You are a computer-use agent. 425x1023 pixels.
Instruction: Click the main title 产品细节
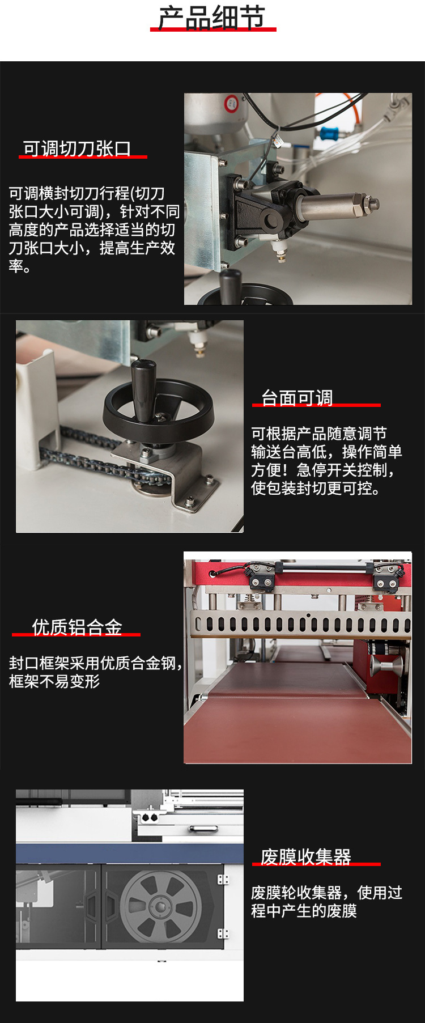[212, 17]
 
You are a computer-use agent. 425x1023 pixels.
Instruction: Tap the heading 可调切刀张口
[77, 148]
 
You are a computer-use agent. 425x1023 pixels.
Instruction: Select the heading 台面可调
[297, 398]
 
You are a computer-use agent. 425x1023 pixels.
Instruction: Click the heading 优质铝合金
[77, 627]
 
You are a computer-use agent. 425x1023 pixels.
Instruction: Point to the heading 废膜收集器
[306, 856]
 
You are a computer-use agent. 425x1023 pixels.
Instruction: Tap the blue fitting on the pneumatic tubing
[329, 135]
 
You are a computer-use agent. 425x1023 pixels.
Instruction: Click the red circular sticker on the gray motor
[231, 104]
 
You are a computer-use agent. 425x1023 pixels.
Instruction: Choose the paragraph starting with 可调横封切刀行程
[93, 230]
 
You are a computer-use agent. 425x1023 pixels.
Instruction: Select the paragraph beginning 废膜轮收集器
[327, 902]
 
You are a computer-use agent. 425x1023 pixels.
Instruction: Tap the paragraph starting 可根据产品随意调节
[327, 461]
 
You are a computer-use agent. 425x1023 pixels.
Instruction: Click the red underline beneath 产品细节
[213, 29]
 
